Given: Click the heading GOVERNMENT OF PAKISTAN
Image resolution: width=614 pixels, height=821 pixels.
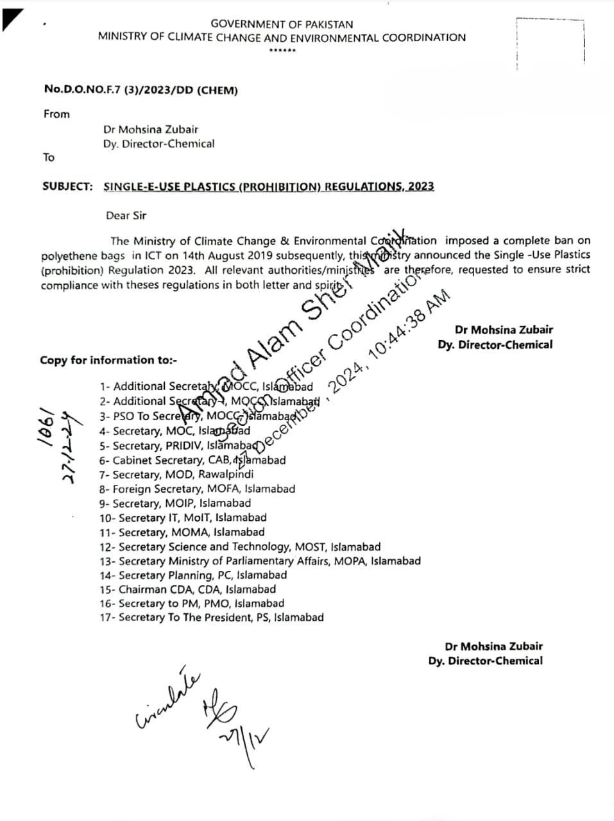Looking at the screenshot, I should pyautogui.click(x=282, y=24).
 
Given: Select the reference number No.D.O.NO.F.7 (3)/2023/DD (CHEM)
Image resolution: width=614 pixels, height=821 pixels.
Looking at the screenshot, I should pyautogui.click(x=141, y=90).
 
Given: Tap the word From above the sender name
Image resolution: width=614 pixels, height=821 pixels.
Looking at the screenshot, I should pyautogui.click(x=56, y=114).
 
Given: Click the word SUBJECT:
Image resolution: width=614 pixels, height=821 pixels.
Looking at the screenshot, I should pyautogui.click(x=67, y=187).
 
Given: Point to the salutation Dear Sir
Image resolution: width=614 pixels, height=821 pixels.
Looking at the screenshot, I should pyautogui.click(x=126, y=216).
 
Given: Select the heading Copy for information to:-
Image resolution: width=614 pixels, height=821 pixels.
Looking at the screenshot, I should pyautogui.click(x=108, y=360).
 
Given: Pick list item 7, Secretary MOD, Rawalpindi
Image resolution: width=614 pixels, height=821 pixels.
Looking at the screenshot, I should pyautogui.click(x=176, y=475).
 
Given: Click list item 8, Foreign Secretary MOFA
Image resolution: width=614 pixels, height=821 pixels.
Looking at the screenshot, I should pyautogui.click(x=197, y=489).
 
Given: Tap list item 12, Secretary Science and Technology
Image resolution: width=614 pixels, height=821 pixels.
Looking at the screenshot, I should pyautogui.click(x=239, y=547).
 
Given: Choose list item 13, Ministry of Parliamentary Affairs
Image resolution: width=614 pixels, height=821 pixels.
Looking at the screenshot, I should pyautogui.click(x=260, y=561).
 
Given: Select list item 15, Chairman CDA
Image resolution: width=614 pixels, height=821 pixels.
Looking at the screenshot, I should pyautogui.click(x=187, y=589).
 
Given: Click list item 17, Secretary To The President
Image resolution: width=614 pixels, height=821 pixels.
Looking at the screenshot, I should pyautogui.click(x=211, y=618).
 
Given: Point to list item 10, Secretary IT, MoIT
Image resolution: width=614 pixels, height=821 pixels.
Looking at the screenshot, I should pyautogui.click(x=183, y=518).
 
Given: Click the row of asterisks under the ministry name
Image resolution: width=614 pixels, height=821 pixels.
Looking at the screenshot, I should pyautogui.click(x=282, y=51).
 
